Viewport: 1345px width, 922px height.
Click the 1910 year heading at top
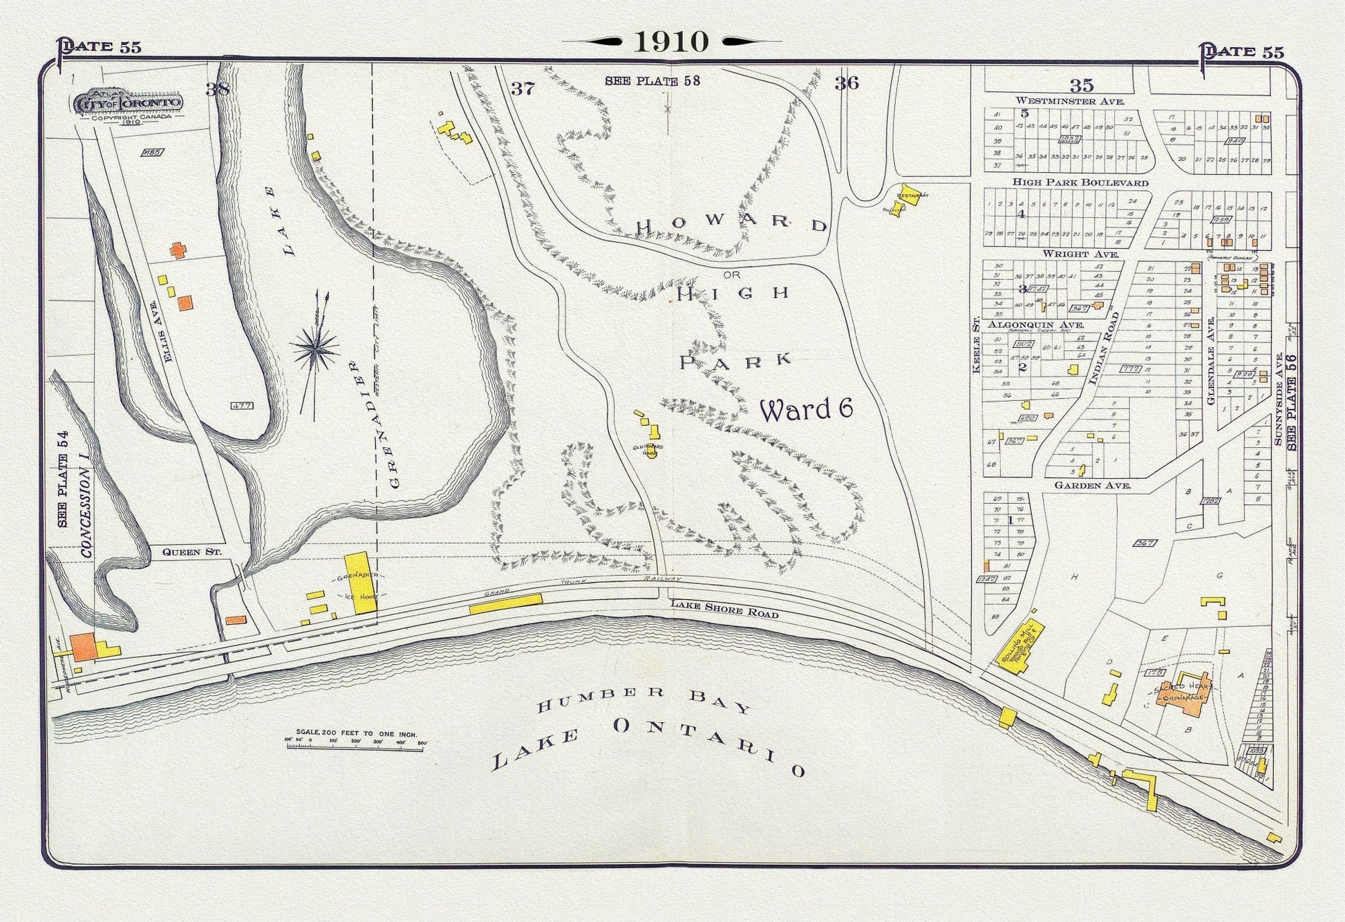click(671, 42)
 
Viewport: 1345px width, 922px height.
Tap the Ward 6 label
click(805, 410)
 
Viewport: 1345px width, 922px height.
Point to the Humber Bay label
click(643, 699)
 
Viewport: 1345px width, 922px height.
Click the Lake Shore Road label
click(724, 610)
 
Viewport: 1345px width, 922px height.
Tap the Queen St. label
click(182, 552)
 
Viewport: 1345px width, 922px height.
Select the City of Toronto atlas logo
click(129, 104)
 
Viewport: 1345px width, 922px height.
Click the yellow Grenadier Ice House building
click(360, 582)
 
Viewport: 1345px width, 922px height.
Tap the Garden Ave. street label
click(1092, 485)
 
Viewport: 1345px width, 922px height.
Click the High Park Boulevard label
click(1080, 182)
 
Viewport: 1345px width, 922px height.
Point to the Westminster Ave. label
click(1069, 101)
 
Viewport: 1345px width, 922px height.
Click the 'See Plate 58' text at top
click(652, 81)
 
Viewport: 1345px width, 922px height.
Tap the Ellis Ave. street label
click(157, 323)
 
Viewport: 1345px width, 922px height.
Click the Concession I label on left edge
click(86, 511)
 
